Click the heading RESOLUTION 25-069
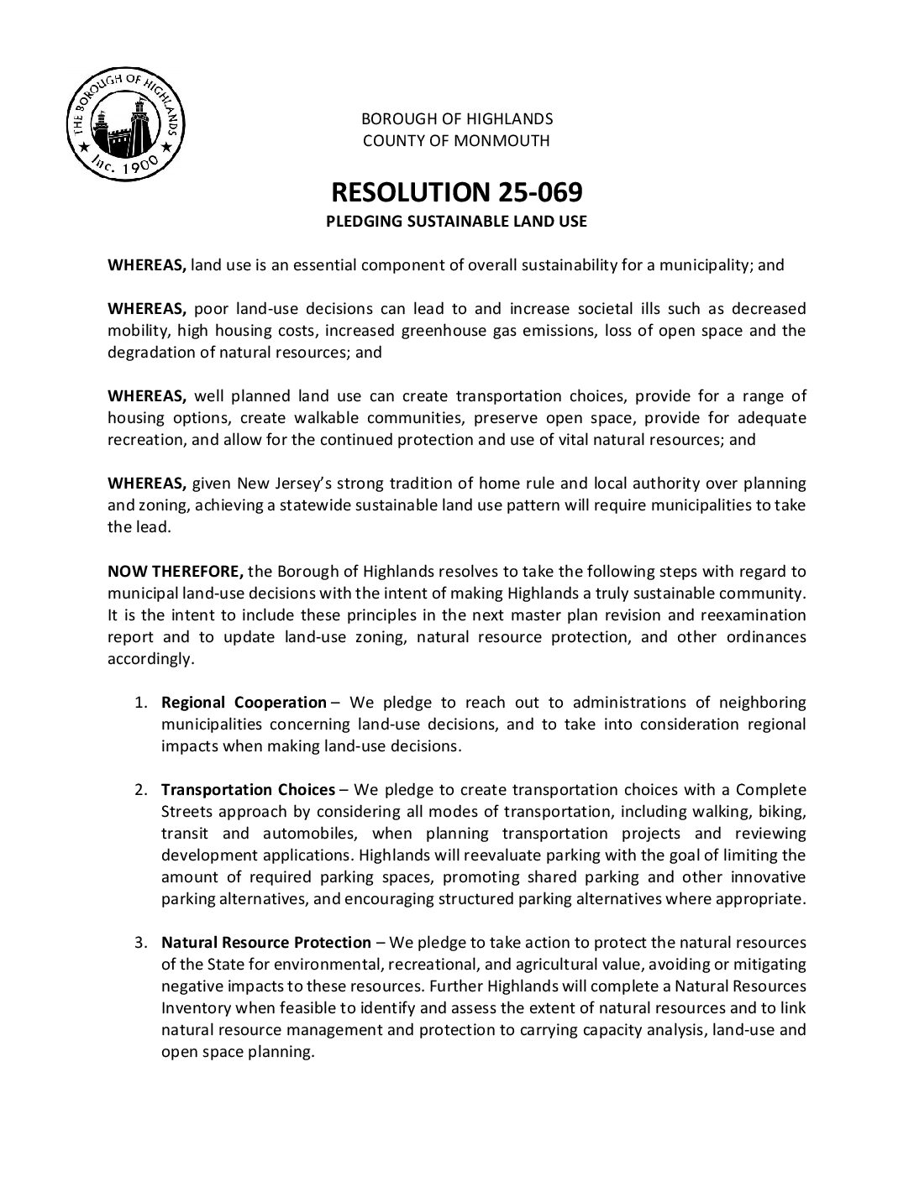[x=456, y=192]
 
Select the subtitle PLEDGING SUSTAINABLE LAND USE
[x=456, y=222]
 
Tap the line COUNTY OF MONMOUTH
[x=456, y=140]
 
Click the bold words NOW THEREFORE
[x=176, y=572]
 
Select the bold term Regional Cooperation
[x=244, y=703]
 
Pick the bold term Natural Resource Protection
[x=266, y=943]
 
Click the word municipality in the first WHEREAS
[x=705, y=265]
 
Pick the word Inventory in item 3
[x=196, y=1008]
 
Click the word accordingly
[x=150, y=659]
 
